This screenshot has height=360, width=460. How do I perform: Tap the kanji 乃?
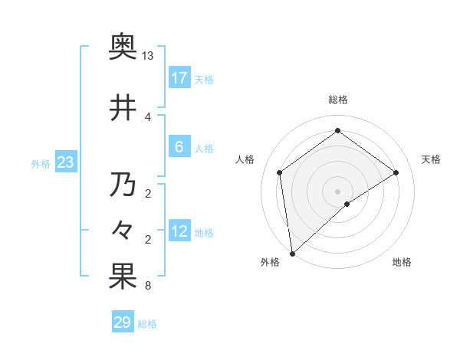pyautogui.click(x=123, y=185)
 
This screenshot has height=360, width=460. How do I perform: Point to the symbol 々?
pyautogui.click(x=123, y=231)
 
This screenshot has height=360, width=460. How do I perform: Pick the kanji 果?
pyautogui.click(x=123, y=277)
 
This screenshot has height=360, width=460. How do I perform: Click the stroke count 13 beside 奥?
pyautogui.click(x=148, y=56)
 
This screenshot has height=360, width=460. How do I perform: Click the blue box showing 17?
pyautogui.click(x=179, y=78)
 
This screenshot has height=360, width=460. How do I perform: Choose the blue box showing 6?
pyautogui.click(x=179, y=147)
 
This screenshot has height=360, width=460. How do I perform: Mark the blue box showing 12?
pyautogui.click(x=179, y=232)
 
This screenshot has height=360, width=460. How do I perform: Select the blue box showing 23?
pyautogui.click(x=65, y=162)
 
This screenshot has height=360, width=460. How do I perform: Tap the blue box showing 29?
pyautogui.click(x=123, y=322)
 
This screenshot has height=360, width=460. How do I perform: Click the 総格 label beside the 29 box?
pyautogui.click(x=147, y=324)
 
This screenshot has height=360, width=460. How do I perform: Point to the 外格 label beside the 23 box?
pyautogui.click(x=41, y=164)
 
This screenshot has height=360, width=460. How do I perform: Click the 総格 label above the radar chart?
pyautogui.click(x=337, y=100)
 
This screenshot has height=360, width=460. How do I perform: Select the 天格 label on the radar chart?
pyautogui.click(x=431, y=159)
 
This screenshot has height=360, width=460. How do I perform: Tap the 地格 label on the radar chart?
pyautogui.click(x=402, y=262)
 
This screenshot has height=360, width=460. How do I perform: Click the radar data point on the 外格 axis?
pyautogui.click(x=291, y=253)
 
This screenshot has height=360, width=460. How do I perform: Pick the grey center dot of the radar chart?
pyautogui.click(x=337, y=190)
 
